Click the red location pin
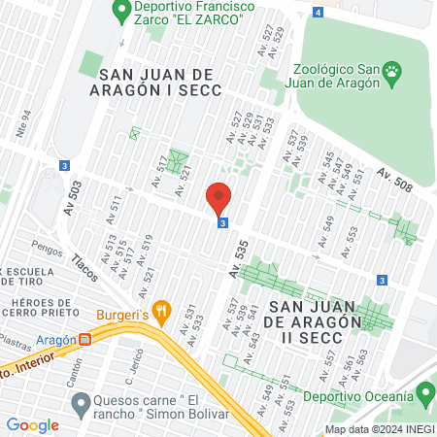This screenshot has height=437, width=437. (x=218, y=198)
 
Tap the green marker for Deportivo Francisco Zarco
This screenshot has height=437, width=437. (x=121, y=12)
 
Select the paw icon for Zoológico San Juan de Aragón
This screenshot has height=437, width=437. (x=391, y=70)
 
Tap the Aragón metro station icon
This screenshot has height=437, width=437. (x=85, y=340)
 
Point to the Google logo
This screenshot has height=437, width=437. (x=32, y=424)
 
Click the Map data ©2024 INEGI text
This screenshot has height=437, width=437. (x=378, y=429)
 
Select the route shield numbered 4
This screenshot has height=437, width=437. (x=319, y=12)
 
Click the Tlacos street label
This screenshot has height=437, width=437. (x=85, y=265)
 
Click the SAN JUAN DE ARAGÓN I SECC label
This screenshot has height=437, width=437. (x=160, y=81)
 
